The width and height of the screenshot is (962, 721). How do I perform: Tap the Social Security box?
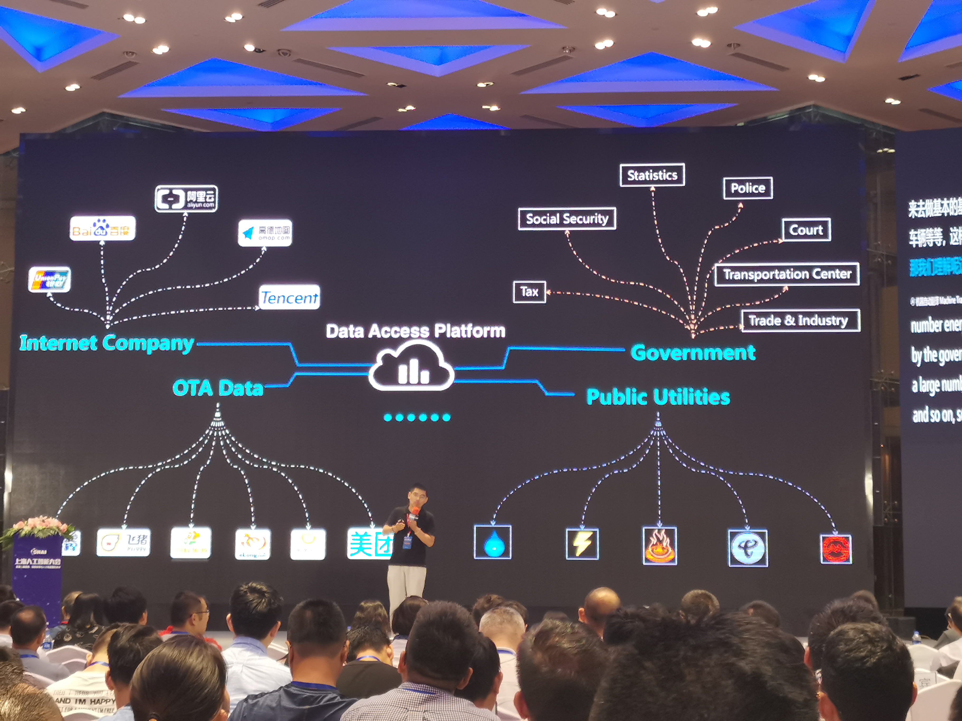567,219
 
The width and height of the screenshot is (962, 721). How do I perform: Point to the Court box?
806,230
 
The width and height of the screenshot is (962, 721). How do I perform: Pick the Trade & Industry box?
800,320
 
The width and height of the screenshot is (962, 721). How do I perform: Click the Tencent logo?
289,297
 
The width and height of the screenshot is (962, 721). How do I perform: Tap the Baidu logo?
103,228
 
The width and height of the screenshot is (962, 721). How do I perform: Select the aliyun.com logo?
186,199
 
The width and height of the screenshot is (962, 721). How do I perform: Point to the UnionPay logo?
50,279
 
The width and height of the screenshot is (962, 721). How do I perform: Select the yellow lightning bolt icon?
582,544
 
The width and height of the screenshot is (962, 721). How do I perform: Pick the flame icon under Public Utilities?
659,545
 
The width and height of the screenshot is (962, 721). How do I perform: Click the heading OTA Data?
218,388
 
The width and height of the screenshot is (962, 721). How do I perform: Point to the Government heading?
693,352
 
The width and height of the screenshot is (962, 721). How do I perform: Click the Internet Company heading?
107,343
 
